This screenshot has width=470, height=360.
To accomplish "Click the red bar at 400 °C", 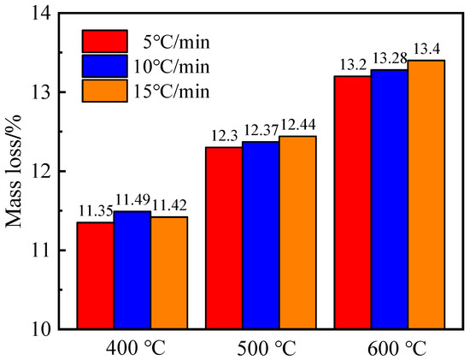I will [95, 275].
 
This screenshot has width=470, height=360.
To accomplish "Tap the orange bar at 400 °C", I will [169, 273].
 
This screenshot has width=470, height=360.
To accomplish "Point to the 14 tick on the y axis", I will [42, 13].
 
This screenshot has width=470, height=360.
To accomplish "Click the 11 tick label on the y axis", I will [42, 251].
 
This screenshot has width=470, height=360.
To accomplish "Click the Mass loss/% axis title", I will [15, 171].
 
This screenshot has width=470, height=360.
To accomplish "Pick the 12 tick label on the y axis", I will [42, 171].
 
